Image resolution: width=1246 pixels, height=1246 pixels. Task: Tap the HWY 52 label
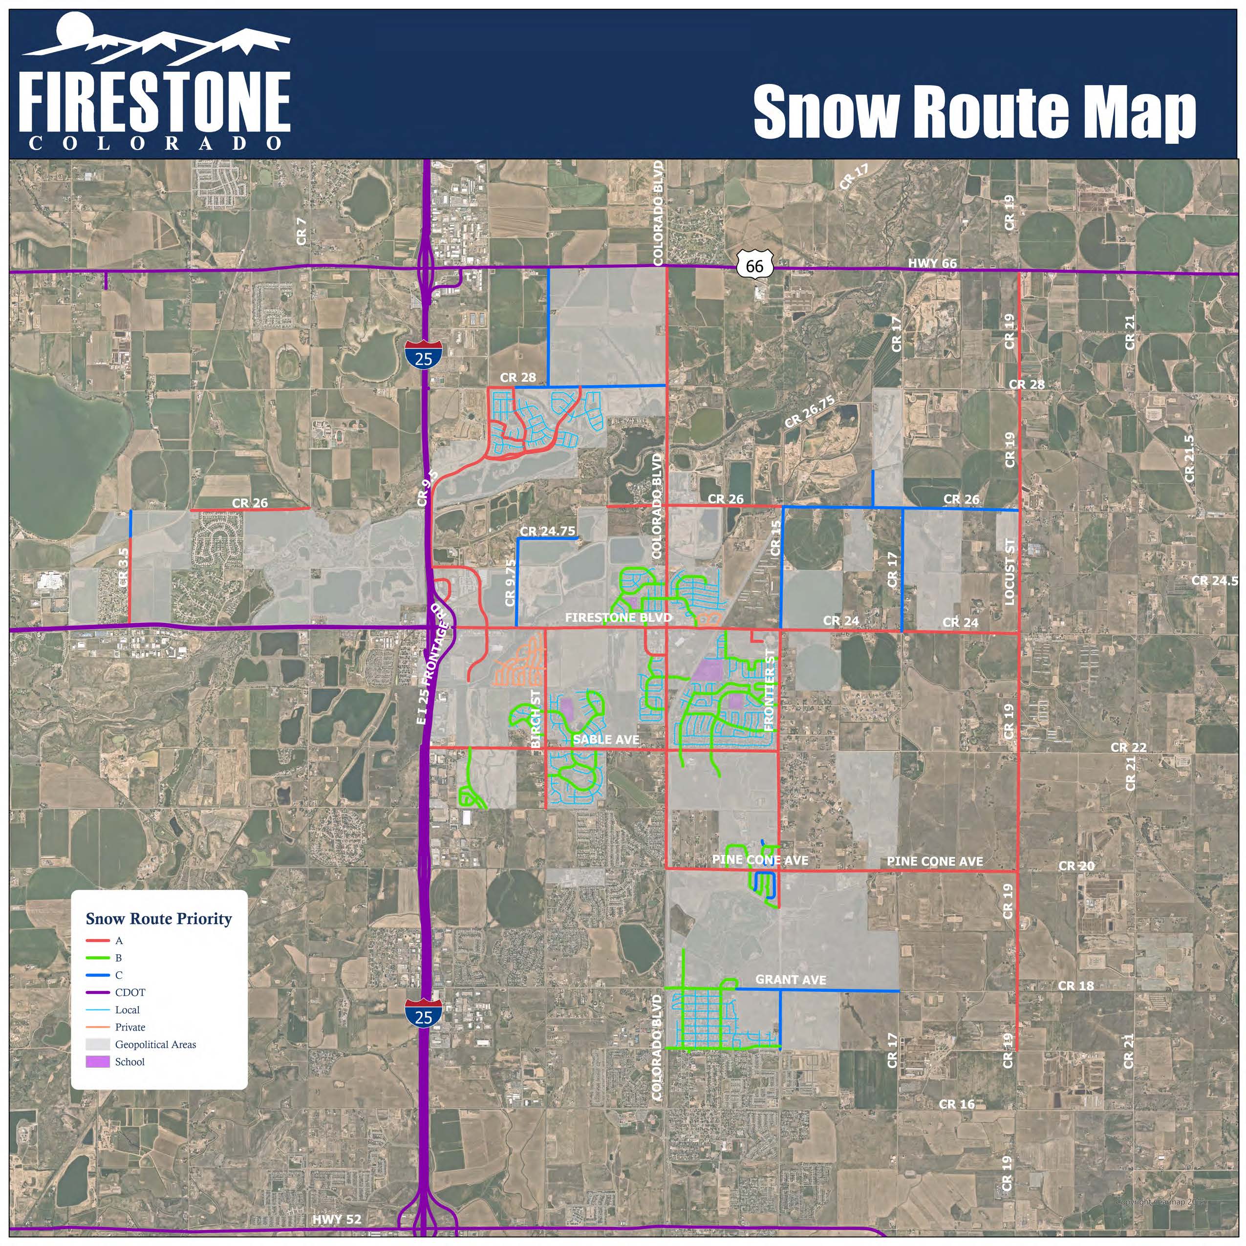click(337, 1220)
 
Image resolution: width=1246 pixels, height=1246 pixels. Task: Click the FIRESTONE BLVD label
click(618, 617)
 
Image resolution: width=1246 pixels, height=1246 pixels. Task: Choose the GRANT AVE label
click(790, 979)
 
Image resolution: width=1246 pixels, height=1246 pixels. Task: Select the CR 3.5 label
click(124, 567)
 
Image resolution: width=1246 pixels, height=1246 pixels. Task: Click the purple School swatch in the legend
click(97, 1062)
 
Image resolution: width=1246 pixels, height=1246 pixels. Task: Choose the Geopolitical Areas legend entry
click(155, 1044)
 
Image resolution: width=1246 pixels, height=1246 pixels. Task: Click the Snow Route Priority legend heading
click(159, 919)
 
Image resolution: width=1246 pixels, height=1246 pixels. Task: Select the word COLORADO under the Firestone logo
click(155, 143)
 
